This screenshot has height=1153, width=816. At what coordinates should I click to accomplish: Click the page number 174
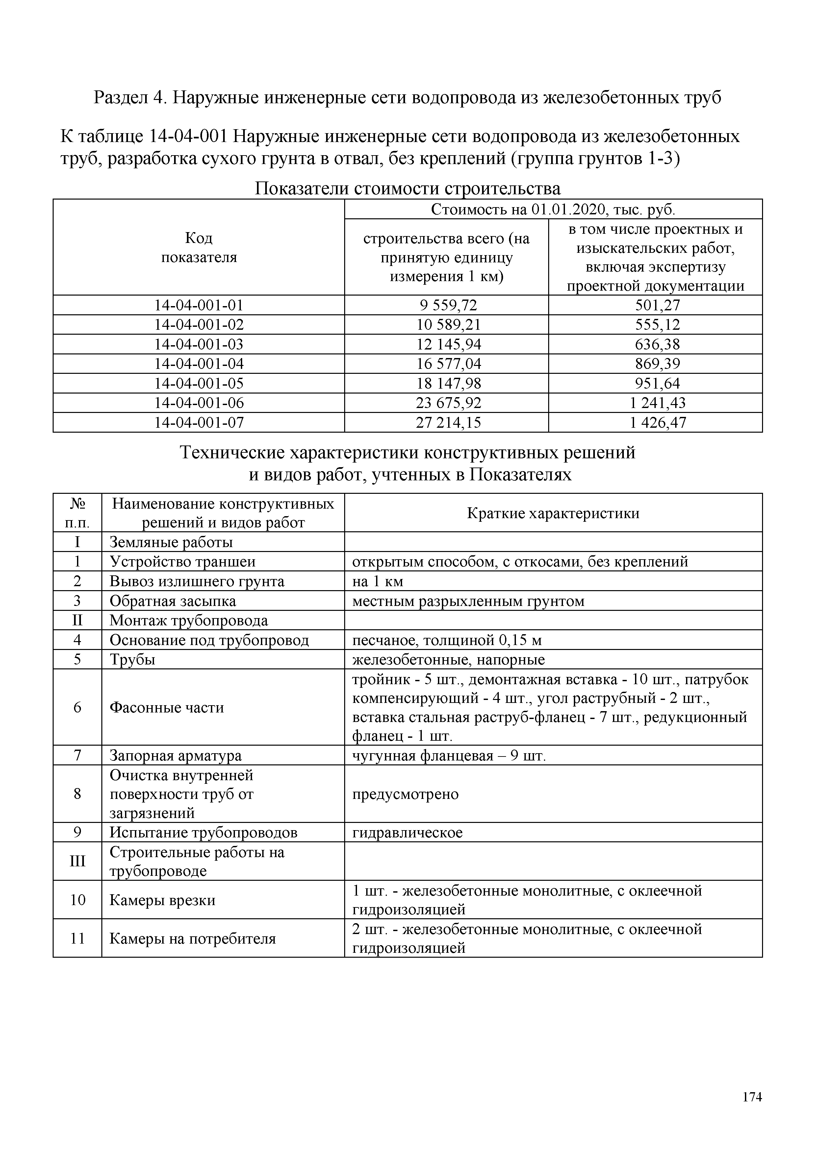752,1097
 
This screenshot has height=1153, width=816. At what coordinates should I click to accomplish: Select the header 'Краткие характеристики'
553,513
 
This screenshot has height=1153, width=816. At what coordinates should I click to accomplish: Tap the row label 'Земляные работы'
171,542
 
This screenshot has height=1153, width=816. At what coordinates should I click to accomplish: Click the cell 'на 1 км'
378,582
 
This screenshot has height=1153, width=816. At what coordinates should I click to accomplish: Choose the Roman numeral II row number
77,621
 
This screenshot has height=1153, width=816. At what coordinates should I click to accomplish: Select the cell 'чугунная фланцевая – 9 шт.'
449,756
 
